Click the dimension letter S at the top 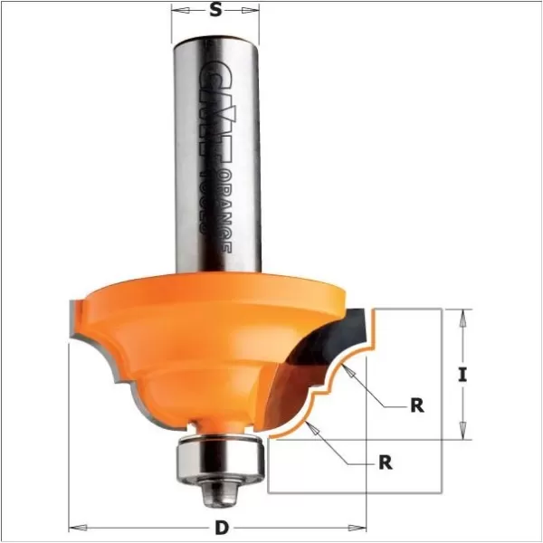(215, 11)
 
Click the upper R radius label (417, 405)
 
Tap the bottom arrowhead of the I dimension (463, 435)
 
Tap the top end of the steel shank (216, 36)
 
